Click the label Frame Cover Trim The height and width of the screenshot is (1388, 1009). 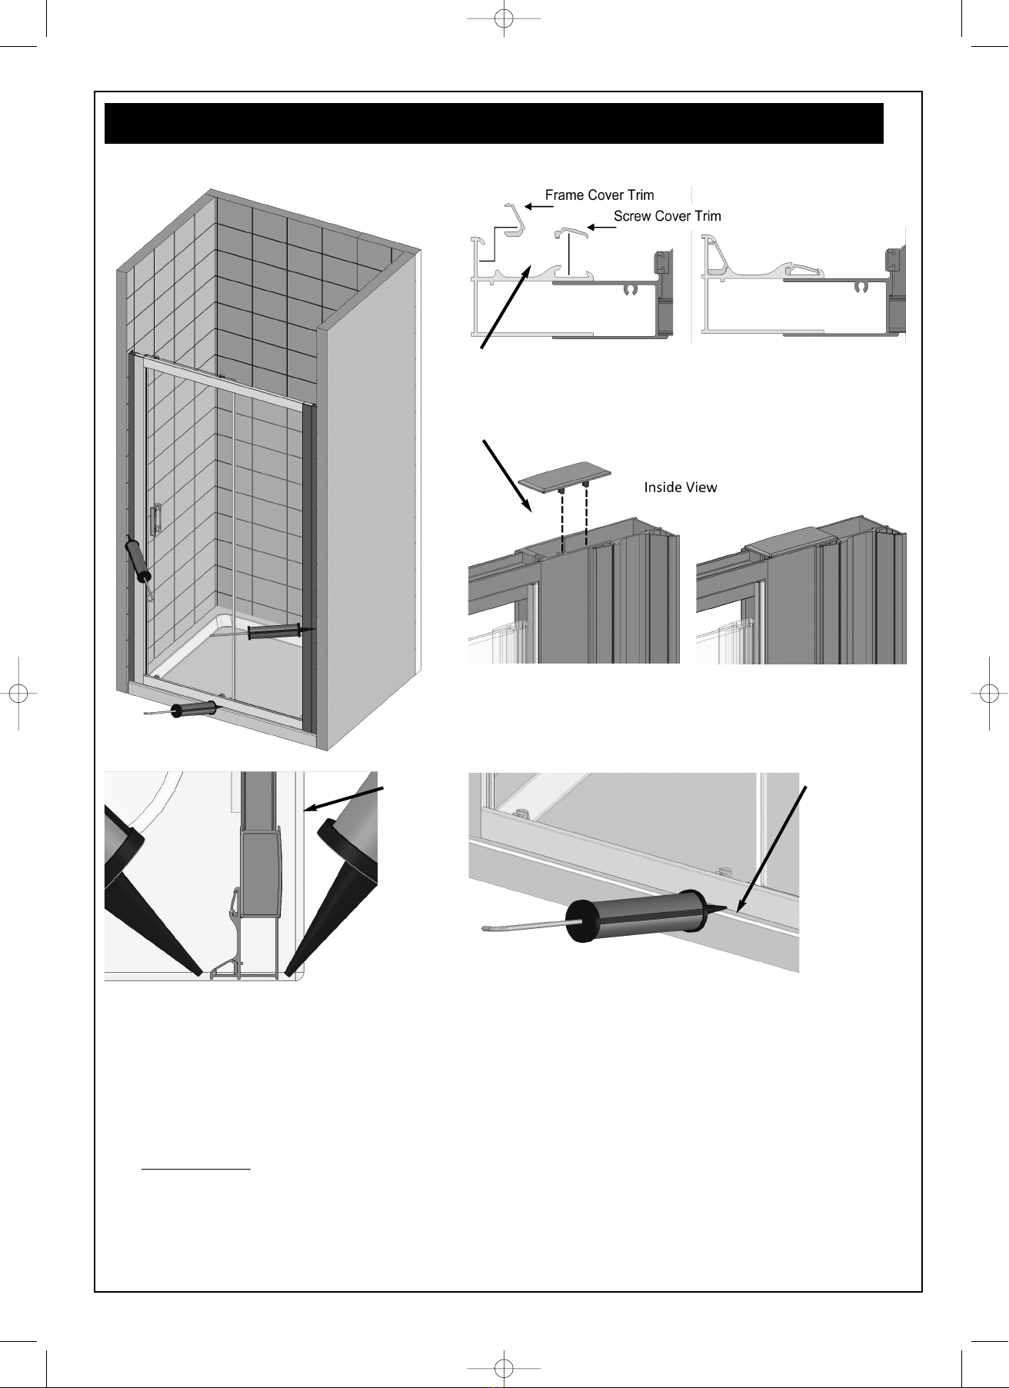[x=600, y=195]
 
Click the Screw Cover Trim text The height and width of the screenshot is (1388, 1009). [x=668, y=216]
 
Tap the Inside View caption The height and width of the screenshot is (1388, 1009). [x=681, y=487]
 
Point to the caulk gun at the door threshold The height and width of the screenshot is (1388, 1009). [x=188, y=710]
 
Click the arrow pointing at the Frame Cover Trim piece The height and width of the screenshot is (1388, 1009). [x=538, y=207]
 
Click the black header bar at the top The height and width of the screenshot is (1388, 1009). [x=494, y=123]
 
